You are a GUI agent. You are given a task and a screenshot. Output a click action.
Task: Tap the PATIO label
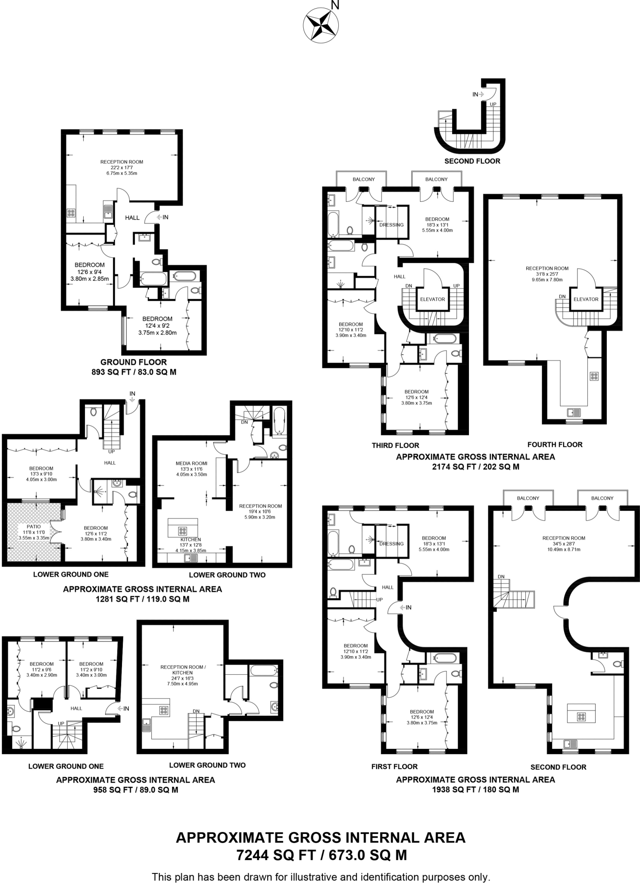coord(34,526)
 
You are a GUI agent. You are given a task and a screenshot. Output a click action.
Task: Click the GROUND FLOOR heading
coord(134,362)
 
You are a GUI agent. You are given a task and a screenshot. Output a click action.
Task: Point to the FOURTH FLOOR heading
coord(555,445)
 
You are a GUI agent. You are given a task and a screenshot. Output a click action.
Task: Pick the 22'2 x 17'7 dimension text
coord(122,167)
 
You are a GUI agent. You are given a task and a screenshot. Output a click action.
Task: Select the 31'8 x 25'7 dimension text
coord(547,274)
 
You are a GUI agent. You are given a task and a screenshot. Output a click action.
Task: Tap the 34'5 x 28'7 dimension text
coord(564,544)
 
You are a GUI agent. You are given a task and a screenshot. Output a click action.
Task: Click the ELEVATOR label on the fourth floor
coord(586,299)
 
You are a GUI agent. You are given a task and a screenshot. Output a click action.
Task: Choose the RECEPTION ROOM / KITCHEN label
coord(183,670)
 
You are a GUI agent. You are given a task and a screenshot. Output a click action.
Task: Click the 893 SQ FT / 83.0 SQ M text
coord(134,372)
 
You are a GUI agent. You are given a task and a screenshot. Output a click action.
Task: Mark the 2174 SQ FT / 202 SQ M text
coord(475,467)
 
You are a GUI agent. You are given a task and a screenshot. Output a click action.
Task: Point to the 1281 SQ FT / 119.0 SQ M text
coord(142,599)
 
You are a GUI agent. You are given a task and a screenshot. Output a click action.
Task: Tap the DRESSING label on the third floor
coord(391,225)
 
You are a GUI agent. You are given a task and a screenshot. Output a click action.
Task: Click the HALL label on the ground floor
coord(132,218)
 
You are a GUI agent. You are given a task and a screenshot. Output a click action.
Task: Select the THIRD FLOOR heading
coord(395,445)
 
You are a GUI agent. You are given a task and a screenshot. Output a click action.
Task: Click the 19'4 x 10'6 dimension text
coord(260,512)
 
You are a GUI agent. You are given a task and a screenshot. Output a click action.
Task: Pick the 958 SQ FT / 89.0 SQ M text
coord(135,790)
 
